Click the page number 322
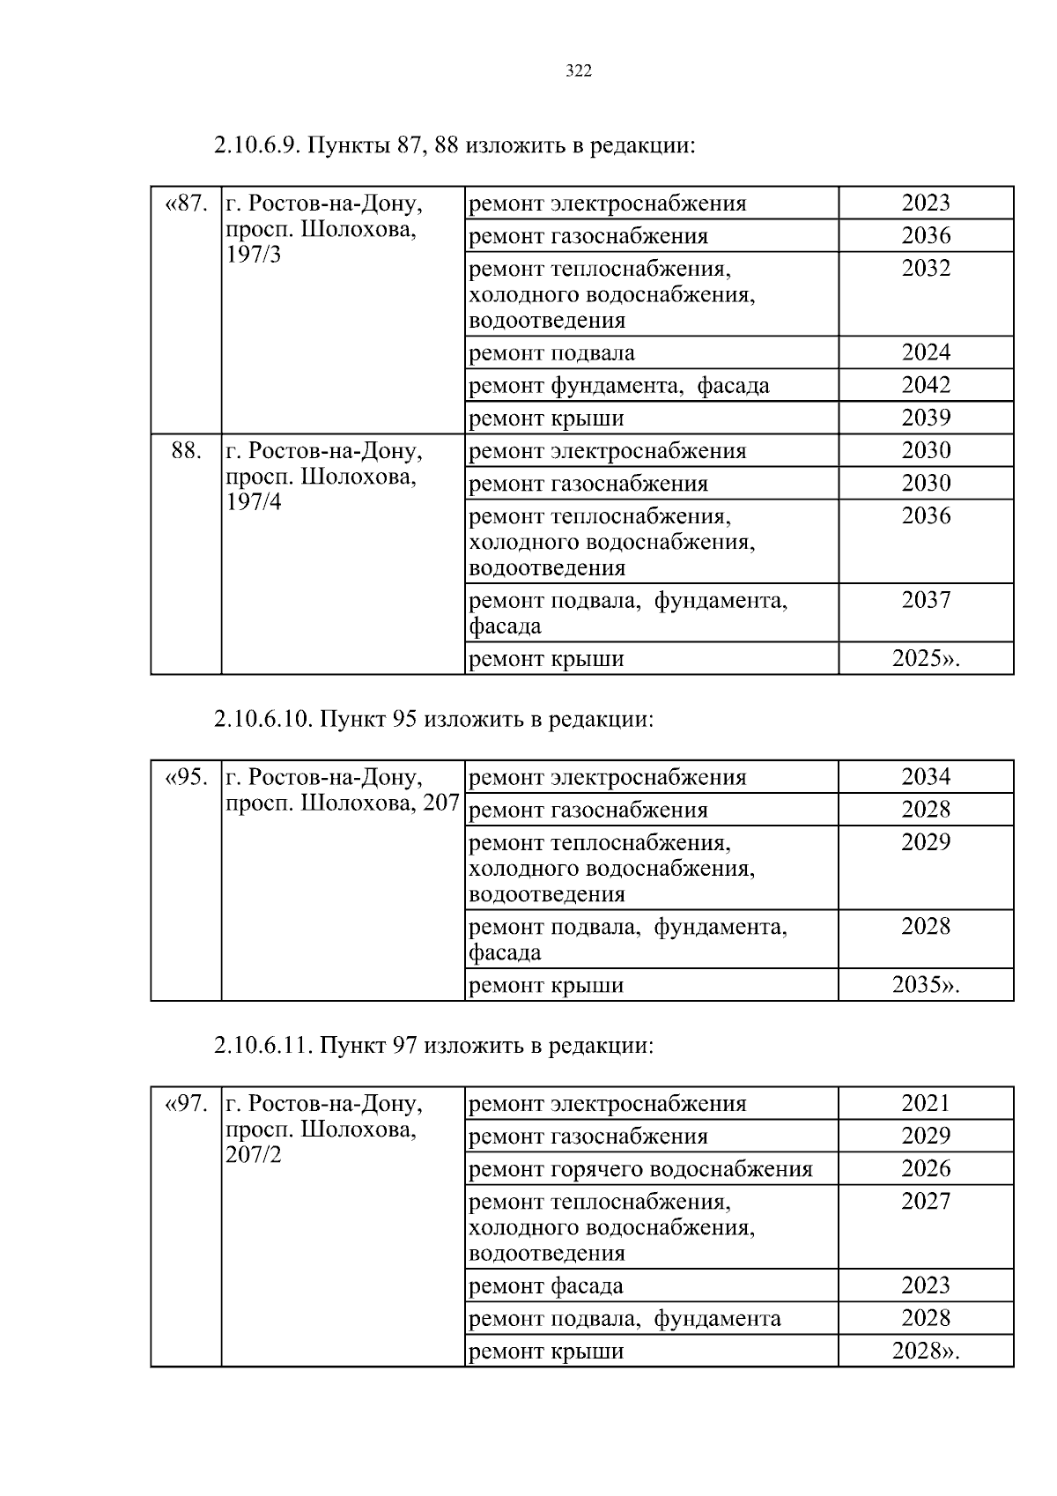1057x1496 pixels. (x=578, y=71)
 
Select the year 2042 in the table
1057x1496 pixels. (x=926, y=385)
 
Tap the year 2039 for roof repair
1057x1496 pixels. (x=926, y=418)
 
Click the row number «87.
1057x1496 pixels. (x=186, y=204)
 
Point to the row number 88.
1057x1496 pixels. (x=186, y=450)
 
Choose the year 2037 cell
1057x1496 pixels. (x=926, y=600)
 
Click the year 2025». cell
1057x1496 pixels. (x=926, y=658)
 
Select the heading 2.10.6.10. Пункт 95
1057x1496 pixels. (x=433, y=720)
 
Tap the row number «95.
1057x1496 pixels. (x=186, y=777)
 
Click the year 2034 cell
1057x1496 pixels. (x=926, y=777)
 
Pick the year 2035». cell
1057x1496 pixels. (x=926, y=984)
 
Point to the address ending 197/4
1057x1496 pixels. (x=323, y=477)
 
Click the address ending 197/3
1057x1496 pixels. (x=323, y=230)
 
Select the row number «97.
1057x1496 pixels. (x=186, y=1103)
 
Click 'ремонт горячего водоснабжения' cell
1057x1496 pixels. (x=640, y=1169)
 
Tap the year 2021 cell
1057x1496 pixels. (x=926, y=1103)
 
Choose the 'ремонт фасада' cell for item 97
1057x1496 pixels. (x=546, y=1286)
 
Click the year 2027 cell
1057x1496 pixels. (x=926, y=1202)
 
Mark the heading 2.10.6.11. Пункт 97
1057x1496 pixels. (x=433, y=1046)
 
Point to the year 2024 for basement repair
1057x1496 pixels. (x=926, y=352)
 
